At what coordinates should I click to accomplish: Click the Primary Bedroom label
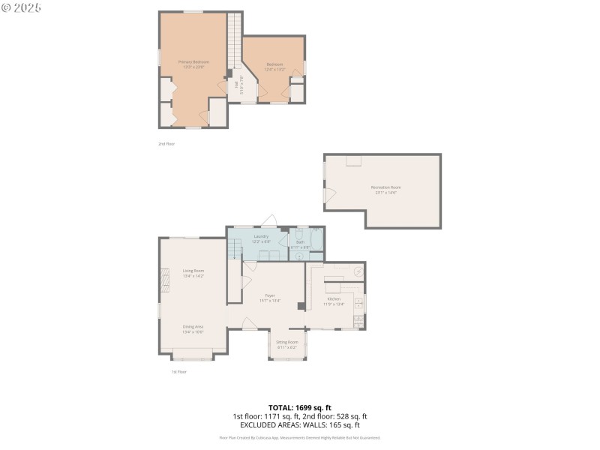tap(193, 61)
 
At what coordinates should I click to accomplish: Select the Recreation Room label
tap(385, 187)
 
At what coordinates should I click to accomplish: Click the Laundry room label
tap(261, 236)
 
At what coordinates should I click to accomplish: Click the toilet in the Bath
tap(299, 256)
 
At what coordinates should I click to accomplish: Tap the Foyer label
tap(269, 295)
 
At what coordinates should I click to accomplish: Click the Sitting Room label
tap(286, 342)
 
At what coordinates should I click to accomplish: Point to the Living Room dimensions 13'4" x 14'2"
tap(193, 276)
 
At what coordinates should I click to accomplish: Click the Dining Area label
tap(193, 326)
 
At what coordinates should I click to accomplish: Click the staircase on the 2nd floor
tap(235, 41)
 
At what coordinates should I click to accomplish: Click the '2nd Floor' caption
tap(166, 143)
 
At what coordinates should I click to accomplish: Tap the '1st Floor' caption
tap(178, 371)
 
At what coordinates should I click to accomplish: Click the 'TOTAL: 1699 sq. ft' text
tap(299, 407)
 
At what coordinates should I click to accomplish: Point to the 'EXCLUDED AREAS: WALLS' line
tap(299, 424)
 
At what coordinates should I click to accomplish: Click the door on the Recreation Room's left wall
tap(328, 195)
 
